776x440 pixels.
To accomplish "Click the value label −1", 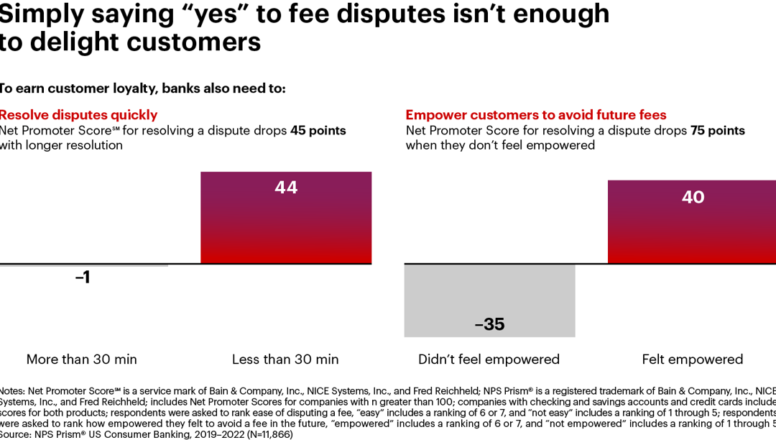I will coord(83,278).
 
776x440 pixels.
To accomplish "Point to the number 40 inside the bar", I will coord(693,197).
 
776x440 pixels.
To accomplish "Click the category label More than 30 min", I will coord(81,359).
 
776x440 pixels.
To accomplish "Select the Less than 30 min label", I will coord(285,359).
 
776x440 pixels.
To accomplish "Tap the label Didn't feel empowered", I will coord(489,359).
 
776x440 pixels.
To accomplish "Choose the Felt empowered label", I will coord(692,359).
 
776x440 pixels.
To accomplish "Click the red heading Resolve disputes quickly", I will coord(78,115).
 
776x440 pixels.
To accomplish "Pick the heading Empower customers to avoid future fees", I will coord(536,115).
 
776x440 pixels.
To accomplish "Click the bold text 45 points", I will coord(318,131).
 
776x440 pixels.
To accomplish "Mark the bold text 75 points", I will coord(717,131).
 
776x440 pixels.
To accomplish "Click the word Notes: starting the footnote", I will coord(11,389).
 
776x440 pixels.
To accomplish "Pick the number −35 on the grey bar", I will coord(489,324).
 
